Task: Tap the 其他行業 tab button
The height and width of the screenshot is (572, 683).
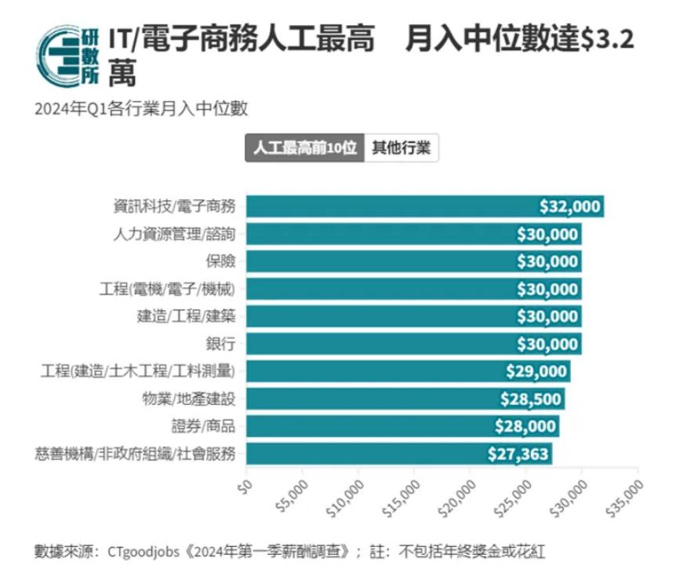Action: tap(401, 148)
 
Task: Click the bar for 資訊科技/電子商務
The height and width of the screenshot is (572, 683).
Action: tap(392, 206)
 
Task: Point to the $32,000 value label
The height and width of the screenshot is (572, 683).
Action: tap(570, 206)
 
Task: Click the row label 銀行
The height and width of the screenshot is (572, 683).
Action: tap(220, 344)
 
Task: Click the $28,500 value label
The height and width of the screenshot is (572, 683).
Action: tap(531, 399)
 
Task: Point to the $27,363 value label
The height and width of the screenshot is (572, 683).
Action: tap(518, 454)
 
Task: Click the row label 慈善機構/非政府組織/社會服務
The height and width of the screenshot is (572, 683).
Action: tap(135, 454)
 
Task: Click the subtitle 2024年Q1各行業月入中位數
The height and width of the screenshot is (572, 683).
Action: tap(141, 108)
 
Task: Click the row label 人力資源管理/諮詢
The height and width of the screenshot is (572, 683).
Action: tap(174, 234)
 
